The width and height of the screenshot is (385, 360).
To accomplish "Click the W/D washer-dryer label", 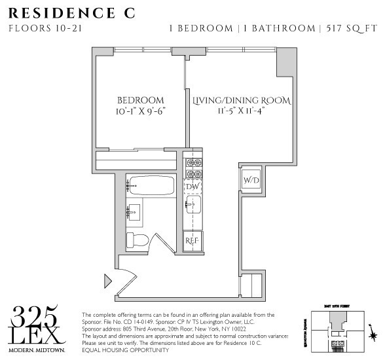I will [x=251, y=180].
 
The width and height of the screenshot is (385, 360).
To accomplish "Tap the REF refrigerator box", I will [x=192, y=240].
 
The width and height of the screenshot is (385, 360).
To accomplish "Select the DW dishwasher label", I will [x=192, y=187].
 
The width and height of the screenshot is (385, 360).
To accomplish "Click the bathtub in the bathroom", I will [x=150, y=185].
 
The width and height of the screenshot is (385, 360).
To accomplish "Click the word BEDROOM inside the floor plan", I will [x=140, y=100].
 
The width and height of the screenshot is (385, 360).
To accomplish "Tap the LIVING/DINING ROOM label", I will [x=242, y=101].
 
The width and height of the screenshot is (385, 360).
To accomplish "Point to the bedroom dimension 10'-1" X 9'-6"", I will [x=140, y=112].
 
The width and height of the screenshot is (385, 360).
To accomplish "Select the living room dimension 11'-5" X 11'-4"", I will [x=242, y=112].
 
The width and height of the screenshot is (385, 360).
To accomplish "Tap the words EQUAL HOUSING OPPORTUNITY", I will [x=126, y=350].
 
